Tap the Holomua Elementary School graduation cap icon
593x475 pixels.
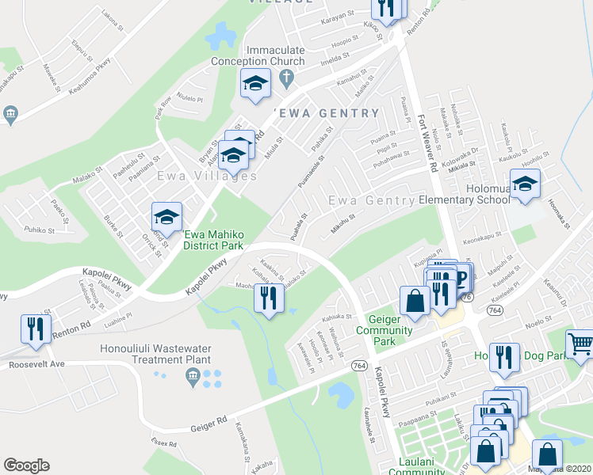pyautogui.click(x=524, y=184)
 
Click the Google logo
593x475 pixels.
pyautogui.click(x=26, y=465)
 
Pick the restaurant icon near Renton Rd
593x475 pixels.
pyautogui.click(x=36, y=329)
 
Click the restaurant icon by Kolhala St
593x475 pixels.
pyautogui.click(x=269, y=298)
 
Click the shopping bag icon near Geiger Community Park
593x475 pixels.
pyautogui.click(x=415, y=300)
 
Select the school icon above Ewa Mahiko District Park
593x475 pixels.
pyautogui.click(x=167, y=217)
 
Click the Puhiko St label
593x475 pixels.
pyautogui.click(x=39, y=230)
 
